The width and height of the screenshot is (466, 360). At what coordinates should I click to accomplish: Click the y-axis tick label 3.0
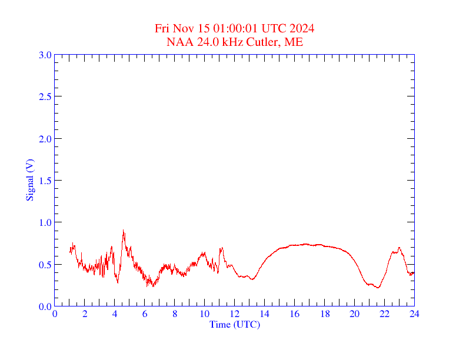[x=45, y=55]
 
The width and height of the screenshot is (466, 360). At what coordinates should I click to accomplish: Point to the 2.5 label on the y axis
[x=45, y=96]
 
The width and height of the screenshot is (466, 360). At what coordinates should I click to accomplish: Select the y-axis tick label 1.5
[x=45, y=181]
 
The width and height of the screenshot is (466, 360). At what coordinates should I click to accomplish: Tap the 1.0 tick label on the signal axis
[x=45, y=222]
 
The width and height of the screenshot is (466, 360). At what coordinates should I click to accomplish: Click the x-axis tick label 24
[x=414, y=314]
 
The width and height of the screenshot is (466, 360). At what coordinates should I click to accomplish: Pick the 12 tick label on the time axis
[x=234, y=314]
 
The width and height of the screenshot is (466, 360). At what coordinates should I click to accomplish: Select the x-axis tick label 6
[x=145, y=314]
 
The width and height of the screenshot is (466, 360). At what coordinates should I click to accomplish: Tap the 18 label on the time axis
[x=324, y=314]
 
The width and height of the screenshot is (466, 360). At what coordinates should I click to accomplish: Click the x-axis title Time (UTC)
[x=235, y=324]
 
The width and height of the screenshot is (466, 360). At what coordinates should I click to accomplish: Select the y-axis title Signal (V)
[x=29, y=179]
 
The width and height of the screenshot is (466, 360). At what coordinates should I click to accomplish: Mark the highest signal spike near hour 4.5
[x=123, y=230]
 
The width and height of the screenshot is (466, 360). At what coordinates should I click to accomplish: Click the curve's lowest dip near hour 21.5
[x=378, y=288]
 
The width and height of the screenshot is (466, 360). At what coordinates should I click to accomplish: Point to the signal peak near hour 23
[x=399, y=248]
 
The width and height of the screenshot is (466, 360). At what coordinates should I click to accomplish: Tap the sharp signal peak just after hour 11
[x=222, y=248]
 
